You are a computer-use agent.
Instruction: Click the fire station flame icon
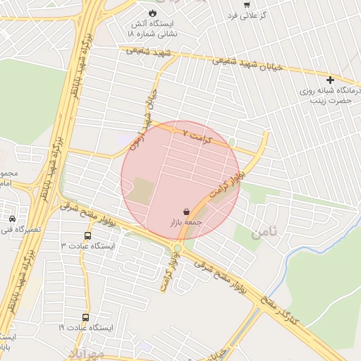(x=152, y=13)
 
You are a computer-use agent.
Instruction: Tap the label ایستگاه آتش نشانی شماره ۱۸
(x=152, y=28)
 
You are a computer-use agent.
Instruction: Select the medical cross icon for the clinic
(x=330, y=80)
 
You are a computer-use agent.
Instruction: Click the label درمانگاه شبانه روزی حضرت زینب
(x=325, y=96)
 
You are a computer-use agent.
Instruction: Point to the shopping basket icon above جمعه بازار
(x=185, y=211)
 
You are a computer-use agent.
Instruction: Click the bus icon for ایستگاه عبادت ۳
(x=87, y=235)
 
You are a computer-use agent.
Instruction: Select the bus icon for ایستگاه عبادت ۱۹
(x=85, y=318)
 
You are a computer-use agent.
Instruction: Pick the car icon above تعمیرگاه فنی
(x=12, y=218)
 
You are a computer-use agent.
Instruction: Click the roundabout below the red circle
(x=178, y=248)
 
